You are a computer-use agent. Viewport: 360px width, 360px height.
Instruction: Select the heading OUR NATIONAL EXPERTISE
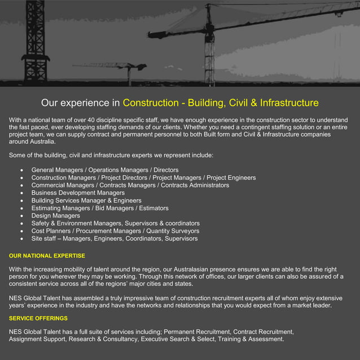tap(47, 256)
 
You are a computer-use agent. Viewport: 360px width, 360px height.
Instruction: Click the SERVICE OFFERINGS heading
tap(38, 318)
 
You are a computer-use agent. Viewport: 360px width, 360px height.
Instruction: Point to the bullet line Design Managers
tap(56, 216)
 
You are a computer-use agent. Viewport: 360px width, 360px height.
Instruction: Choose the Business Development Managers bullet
tap(78, 193)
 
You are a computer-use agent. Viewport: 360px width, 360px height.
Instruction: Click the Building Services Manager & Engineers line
tap(86, 200)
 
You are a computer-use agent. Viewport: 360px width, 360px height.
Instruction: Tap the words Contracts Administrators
tap(195, 185)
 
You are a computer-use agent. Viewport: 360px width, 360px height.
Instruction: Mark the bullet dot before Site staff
tap(21, 239)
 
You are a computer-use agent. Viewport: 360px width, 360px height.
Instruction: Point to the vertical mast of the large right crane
tap(210, 48)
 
